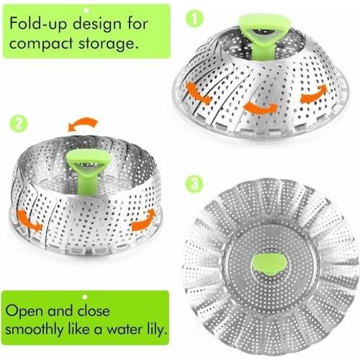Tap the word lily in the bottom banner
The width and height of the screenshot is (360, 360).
[154, 332]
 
